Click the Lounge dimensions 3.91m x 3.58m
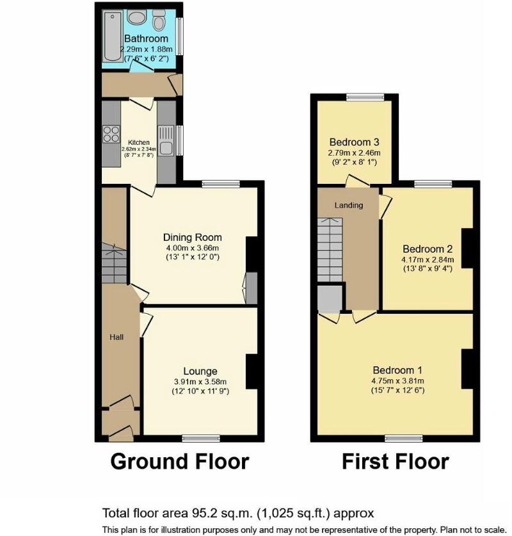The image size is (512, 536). click(200, 382)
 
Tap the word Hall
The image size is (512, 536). click(116, 337)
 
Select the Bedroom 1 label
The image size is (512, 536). click(397, 370)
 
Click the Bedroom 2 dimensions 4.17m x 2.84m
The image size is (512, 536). click(428, 259)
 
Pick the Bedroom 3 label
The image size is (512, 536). click(354, 142)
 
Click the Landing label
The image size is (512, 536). click(349, 205)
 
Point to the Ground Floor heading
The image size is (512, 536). click(180, 461)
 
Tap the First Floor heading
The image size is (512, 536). click(395, 461)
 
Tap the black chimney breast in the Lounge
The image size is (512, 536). click(252, 371)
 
